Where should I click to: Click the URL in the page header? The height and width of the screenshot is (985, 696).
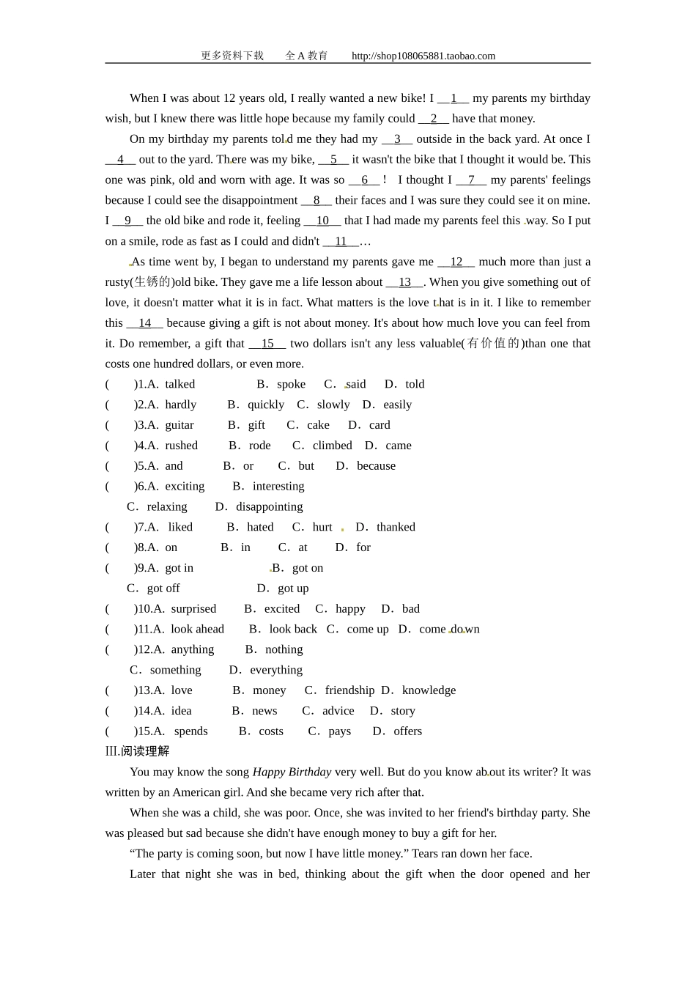(x=423, y=56)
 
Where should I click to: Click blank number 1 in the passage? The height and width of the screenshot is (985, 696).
(x=453, y=98)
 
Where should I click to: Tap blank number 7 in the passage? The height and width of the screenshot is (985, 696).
(x=471, y=180)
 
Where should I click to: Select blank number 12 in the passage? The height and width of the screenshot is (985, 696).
(x=456, y=262)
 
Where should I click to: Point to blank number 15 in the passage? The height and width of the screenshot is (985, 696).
(x=267, y=343)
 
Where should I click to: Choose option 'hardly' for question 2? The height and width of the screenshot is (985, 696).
(x=180, y=405)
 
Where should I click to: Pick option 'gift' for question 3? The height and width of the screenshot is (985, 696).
(x=256, y=425)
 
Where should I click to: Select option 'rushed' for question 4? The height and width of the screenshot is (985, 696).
(x=181, y=446)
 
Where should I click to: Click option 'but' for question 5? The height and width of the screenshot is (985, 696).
(x=306, y=466)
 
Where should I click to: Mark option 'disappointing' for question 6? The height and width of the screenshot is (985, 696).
(x=269, y=506)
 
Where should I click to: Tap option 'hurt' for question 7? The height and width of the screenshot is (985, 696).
(x=322, y=527)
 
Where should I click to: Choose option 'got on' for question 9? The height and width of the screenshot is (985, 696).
(x=308, y=568)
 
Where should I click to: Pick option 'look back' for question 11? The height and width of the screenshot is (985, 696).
(x=293, y=629)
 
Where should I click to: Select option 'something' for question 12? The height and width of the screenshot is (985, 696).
(x=175, y=670)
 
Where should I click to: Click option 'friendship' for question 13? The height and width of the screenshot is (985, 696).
(x=349, y=690)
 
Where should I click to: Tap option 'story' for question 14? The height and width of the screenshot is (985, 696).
(x=403, y=711)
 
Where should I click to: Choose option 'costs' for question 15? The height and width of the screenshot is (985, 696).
(x=271, y=731)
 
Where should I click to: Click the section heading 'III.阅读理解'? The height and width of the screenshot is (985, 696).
(x=137, y=751)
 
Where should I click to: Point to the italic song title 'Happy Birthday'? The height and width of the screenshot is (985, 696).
(x=292, y=772)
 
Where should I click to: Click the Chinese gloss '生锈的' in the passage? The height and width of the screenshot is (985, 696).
(x=152, y=282)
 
